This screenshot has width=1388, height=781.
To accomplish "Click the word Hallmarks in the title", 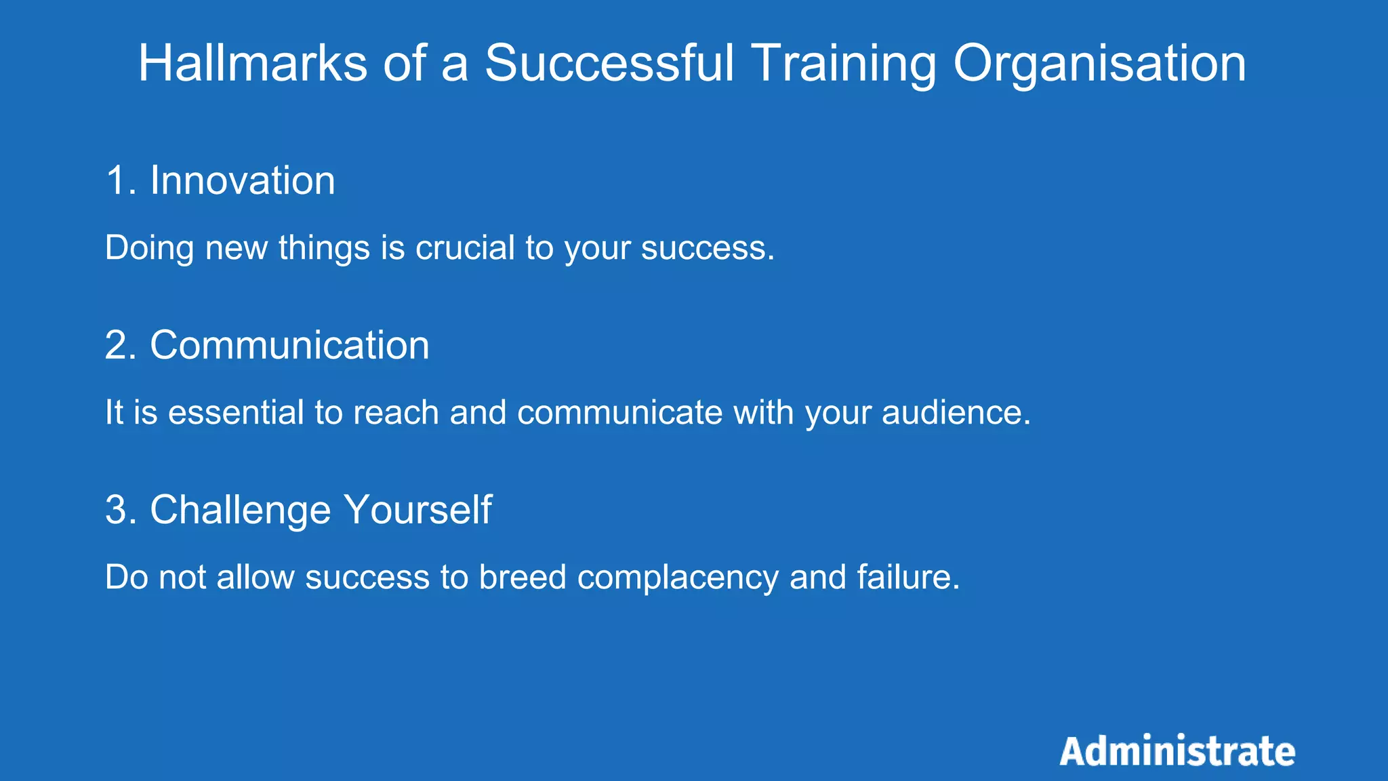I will click(253, 63).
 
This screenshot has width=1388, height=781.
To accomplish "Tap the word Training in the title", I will click(843, 63).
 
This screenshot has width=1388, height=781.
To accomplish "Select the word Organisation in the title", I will click(1099, 63).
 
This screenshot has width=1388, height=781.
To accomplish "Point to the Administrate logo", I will click(1177, 751).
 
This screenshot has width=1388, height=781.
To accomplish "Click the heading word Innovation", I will click(242, 181).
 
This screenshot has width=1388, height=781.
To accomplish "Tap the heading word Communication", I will click(289, 345).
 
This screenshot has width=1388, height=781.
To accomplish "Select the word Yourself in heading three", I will click(417, 510).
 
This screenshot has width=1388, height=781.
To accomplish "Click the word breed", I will click(522, 577).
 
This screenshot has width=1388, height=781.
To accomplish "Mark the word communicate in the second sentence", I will click(619, 412).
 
